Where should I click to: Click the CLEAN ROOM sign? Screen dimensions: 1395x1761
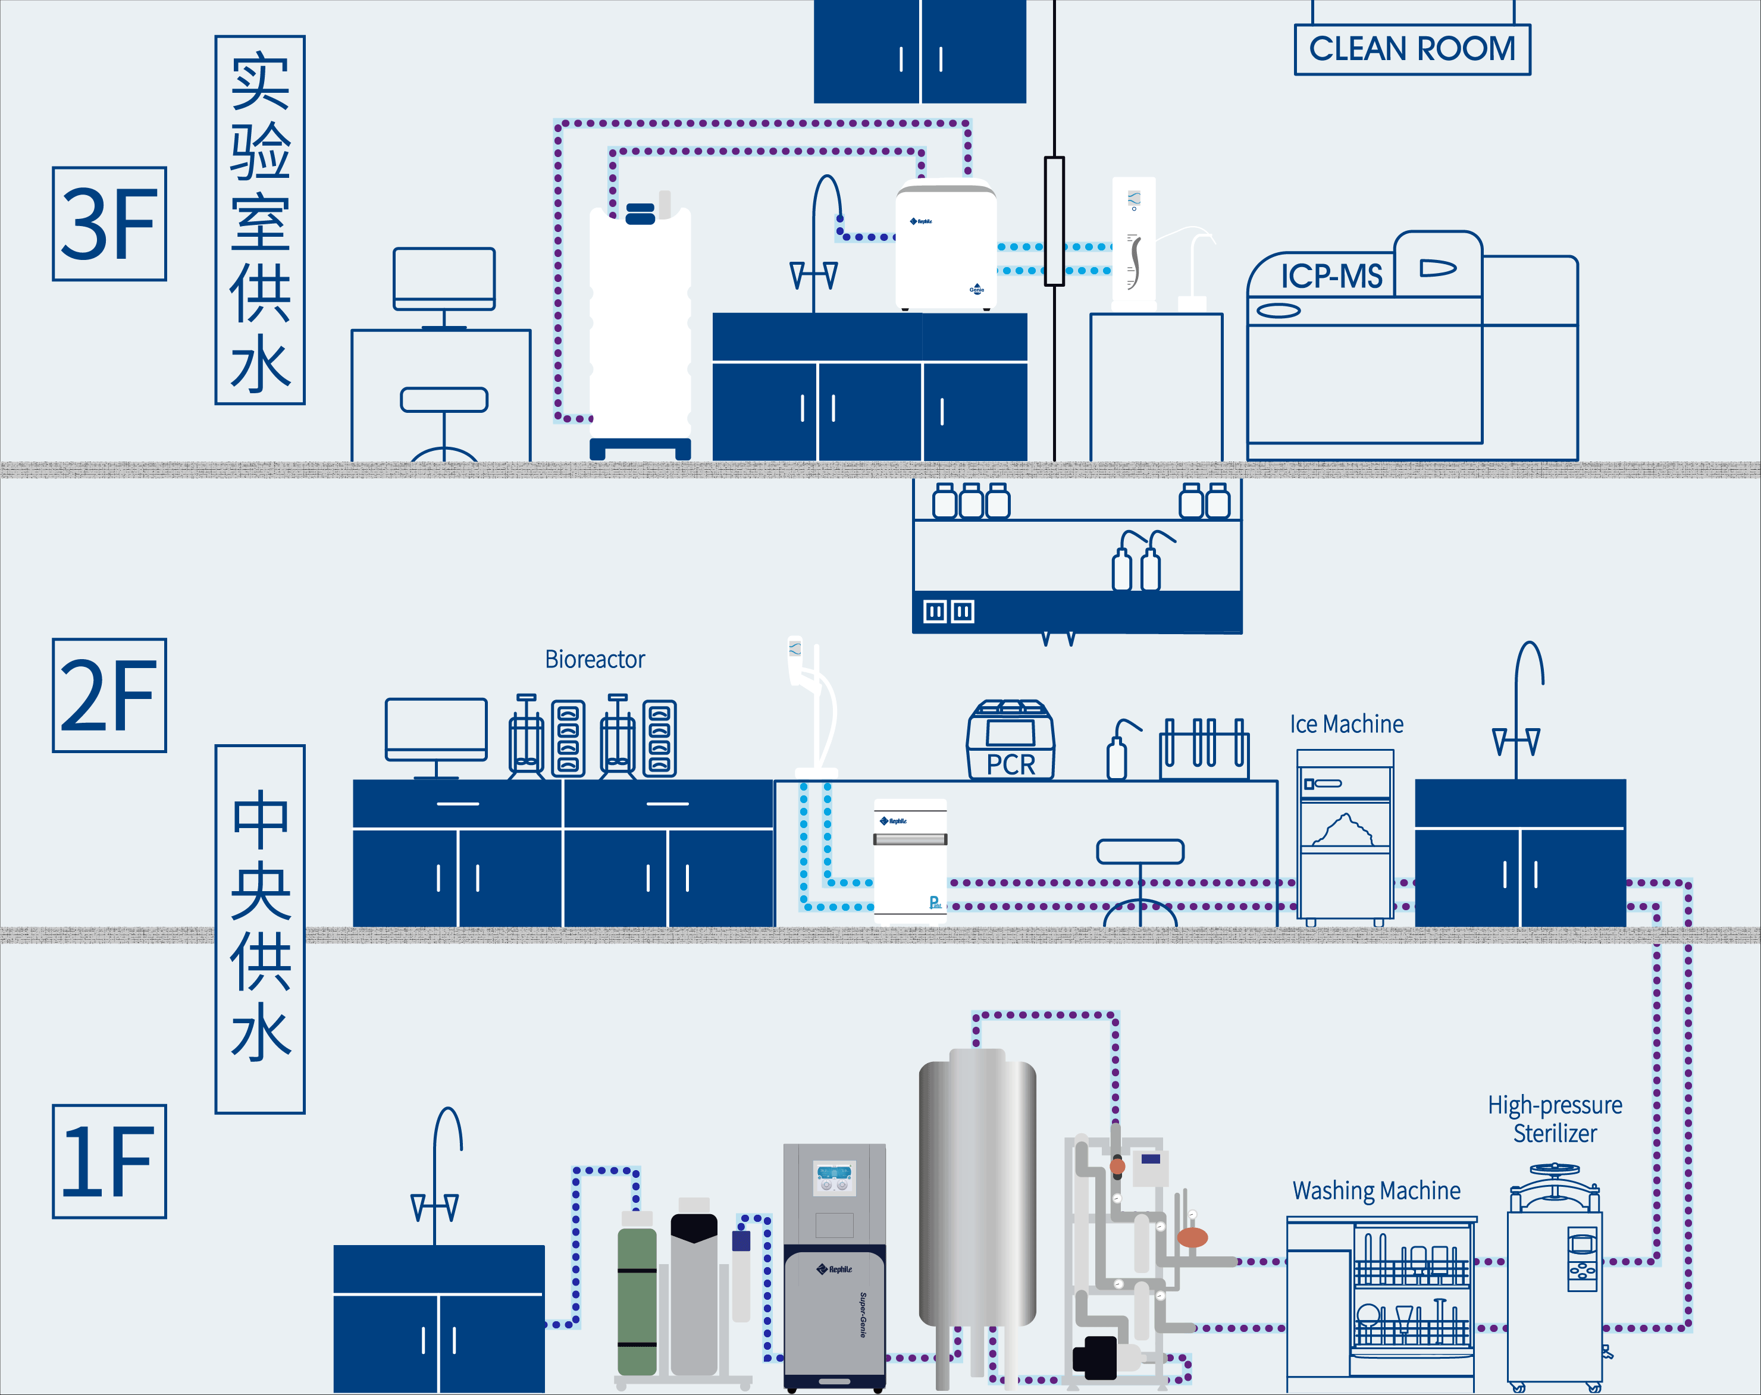pyautogui.click(x=1412, y=49)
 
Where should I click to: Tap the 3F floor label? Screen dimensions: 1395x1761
pyautogui.click(x=109, y=224)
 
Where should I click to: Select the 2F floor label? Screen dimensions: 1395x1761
pyautogui.click(x=109, y=695)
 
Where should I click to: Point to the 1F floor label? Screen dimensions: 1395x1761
pyautogui.click(x=109, y=1161)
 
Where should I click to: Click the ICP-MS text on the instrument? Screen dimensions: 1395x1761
pyautogui.click(x=1331, y=276)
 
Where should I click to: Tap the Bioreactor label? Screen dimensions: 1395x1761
pyautogui.click(x=594, y=659)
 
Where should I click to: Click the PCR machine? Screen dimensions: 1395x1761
pyautogui.click(x=1010, y=740)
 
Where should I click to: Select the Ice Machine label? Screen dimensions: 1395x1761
pyautogui.click(x=1346, y=725)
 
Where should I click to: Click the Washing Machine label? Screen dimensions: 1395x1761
pyautogui.click(x=1376, y=1191)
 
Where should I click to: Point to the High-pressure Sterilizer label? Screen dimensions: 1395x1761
pyautogui.click(x=1555, y=1119)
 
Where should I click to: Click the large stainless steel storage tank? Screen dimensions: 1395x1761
pyautogui.click(x=977, y=1193)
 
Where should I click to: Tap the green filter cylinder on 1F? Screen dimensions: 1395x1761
pyautogui.click(x=637, y=1299)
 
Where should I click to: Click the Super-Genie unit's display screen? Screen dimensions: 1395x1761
pyautogui.click(x=835, y=1177)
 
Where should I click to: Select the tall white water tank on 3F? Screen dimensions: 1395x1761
pyautogui.click(x=640, y=322)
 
